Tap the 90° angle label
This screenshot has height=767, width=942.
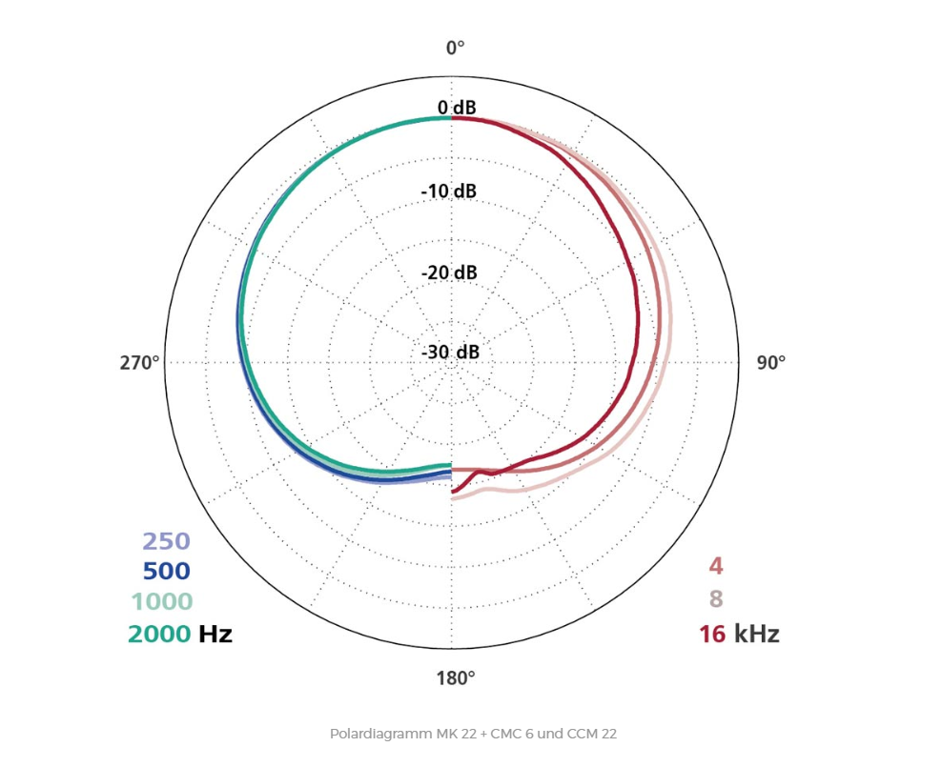tap(770, 363)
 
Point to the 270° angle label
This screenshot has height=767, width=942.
tap(139, 363)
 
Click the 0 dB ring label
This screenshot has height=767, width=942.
tap(457, 108)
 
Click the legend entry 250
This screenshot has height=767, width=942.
tap(166, 541)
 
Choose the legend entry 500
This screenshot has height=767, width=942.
tap(166, 572)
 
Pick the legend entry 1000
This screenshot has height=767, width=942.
tap(161, 602)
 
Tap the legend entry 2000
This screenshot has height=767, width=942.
tap(159, 634)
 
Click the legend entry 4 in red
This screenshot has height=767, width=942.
tap(715, 567)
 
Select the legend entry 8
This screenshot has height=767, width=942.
tap(715, 600)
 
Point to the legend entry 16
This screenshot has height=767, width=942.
tap(712, 634)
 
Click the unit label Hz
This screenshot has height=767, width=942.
tap(215, 634)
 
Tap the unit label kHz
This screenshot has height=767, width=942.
tap(756, 634)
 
